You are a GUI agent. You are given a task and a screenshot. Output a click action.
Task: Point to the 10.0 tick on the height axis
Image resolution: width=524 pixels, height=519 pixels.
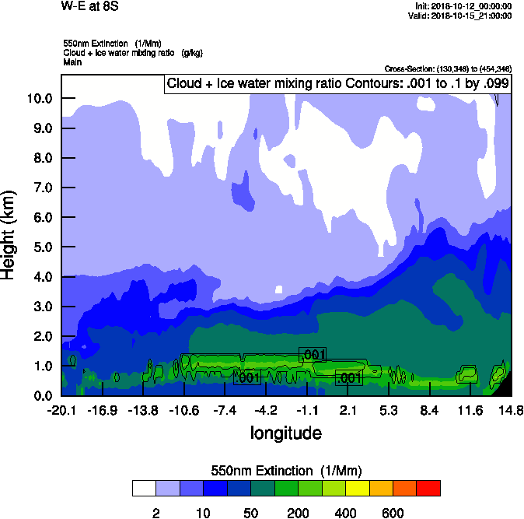40,98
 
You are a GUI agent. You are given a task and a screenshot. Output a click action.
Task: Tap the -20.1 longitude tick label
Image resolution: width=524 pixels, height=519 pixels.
61,410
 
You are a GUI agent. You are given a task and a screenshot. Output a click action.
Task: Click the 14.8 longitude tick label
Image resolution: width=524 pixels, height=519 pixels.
511,410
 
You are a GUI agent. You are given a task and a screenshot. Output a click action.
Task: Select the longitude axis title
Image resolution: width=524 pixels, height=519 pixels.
286,432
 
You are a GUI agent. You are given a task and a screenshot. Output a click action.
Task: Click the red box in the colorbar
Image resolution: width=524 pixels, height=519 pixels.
428,489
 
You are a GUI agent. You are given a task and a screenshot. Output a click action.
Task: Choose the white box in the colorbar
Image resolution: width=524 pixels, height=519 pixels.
144,489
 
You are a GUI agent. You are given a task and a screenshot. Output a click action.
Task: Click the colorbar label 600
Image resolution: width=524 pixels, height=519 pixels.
393,513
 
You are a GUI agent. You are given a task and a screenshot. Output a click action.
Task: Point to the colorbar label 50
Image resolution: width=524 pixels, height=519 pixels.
250,513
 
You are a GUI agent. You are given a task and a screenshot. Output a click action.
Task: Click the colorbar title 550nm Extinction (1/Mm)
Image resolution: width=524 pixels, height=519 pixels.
286,471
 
